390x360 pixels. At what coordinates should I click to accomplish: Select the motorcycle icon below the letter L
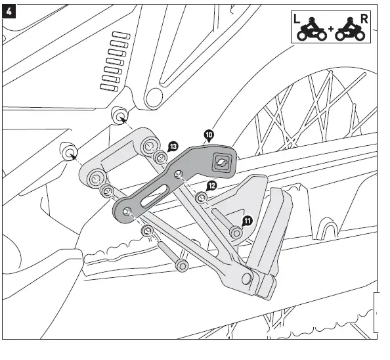coord(312,33)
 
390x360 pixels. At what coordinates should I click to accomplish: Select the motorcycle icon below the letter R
coord(351,33)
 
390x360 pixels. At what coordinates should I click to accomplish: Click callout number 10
coord(209,136)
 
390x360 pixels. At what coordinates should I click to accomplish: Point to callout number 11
coord(247,221)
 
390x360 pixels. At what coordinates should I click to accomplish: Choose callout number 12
coord(211,186)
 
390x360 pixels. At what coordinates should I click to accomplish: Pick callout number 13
coord(173,146)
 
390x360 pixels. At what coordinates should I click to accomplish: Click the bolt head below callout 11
coord(235,232)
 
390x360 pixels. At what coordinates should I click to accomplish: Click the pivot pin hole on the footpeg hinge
coord(247,279)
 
